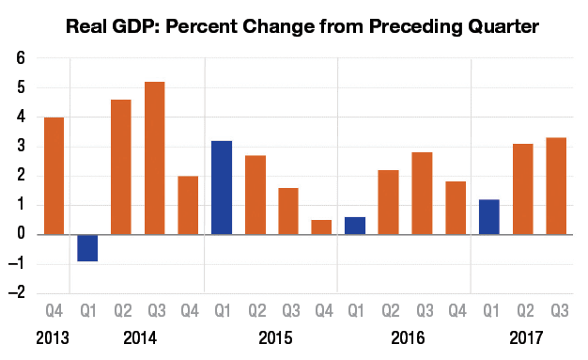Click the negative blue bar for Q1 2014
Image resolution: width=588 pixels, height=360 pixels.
(87, 248)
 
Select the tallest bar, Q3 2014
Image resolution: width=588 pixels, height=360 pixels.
(154, 158)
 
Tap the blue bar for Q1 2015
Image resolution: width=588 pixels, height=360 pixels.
(222, 187)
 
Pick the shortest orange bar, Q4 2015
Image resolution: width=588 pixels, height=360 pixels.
(322, 227)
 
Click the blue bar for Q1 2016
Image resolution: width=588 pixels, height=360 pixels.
(356, 226)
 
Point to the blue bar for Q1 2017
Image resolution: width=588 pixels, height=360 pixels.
(489, 217)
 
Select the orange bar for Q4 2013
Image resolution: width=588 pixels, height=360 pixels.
(54, 176)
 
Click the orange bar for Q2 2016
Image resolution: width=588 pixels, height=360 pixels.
(389, 202)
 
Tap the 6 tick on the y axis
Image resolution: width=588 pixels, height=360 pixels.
(19, 58)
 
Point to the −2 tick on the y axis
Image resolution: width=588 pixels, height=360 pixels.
(16, 292)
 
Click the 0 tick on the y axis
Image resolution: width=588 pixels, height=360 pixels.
(19, 234)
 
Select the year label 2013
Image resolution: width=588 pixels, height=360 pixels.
(54, 337)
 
